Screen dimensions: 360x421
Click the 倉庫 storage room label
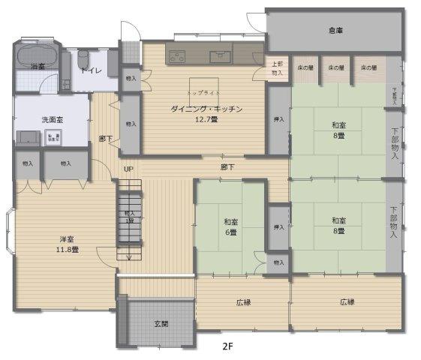pos(335,31)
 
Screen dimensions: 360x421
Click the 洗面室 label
pos(51,120)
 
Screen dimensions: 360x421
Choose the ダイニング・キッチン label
pos(206,109)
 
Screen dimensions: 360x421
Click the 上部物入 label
pos(277,69)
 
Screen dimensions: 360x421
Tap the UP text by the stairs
pos(128,169)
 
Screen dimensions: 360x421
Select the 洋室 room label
pos(46,238)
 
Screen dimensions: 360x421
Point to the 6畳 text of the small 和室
pos(230,232)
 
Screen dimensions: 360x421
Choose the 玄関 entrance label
pos(161,324)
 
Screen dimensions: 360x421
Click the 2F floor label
pos(227,347)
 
